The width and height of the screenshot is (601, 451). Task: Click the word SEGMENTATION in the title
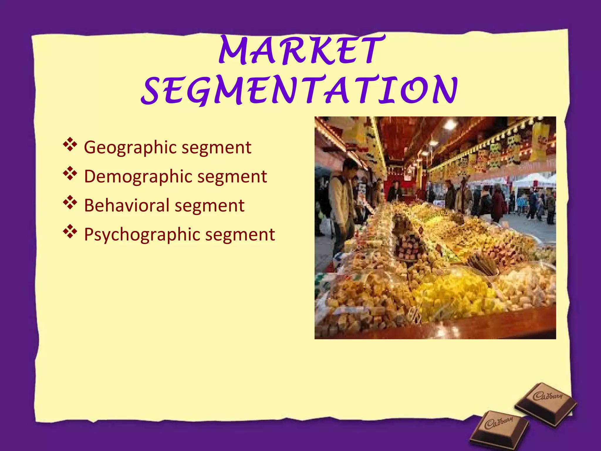click(x=299, y=90)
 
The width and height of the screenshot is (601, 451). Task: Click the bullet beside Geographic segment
click(x=70, y=145)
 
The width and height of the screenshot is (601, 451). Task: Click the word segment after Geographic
click(x=216, y=147)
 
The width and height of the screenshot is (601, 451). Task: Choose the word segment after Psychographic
click(x=240, y=235)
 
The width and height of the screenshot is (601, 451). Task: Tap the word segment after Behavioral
click(x=210, y=205)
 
